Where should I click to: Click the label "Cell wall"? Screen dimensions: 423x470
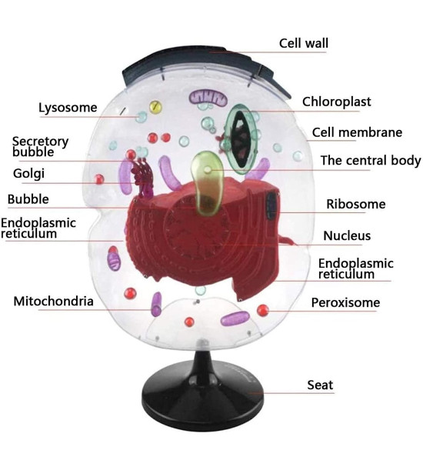[303, 43]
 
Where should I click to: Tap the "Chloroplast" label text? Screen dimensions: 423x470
[336, 102]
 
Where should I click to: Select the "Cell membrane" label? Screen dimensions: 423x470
[357, 132]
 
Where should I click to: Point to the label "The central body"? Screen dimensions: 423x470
[371, 160]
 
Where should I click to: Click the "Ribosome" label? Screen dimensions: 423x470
[356, 204]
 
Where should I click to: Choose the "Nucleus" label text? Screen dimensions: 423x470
[347, 236]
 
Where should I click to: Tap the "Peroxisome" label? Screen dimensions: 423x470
[345, 302]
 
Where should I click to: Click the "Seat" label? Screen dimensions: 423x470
[320, 385]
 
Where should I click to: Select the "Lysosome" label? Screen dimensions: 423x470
[68, 108]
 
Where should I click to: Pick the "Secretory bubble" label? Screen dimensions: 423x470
[40, 147]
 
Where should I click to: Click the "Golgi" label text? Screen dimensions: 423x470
[28, 174]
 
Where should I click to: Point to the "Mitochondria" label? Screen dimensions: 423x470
[53, 302]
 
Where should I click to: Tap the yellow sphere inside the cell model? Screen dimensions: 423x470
[155, 107]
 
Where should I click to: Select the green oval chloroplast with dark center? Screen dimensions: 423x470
[241, 139]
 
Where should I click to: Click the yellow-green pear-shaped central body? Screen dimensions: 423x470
[207, 183]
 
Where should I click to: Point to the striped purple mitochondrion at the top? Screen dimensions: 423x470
[208, 98]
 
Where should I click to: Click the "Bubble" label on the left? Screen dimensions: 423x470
[28, 199]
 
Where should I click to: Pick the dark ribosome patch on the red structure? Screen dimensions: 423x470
[272, 205]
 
